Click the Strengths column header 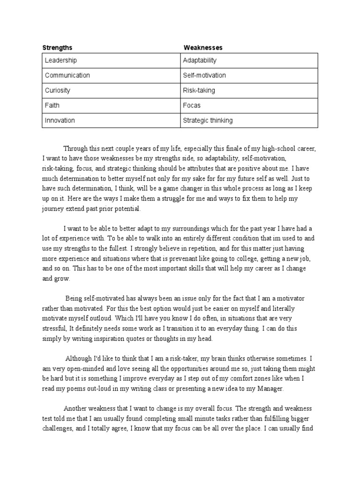coord(57,48)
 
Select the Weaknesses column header coord(202,48)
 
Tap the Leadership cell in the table coord(60,60)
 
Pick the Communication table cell coord(67,75)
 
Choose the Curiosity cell coord(57,90)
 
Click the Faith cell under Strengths coord(52,105)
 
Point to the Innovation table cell coord(60,120)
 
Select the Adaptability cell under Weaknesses coord(200,60)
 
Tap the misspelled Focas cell coord(192,105)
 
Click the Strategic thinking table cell coord(208,120)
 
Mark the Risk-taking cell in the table coord(199,90)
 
